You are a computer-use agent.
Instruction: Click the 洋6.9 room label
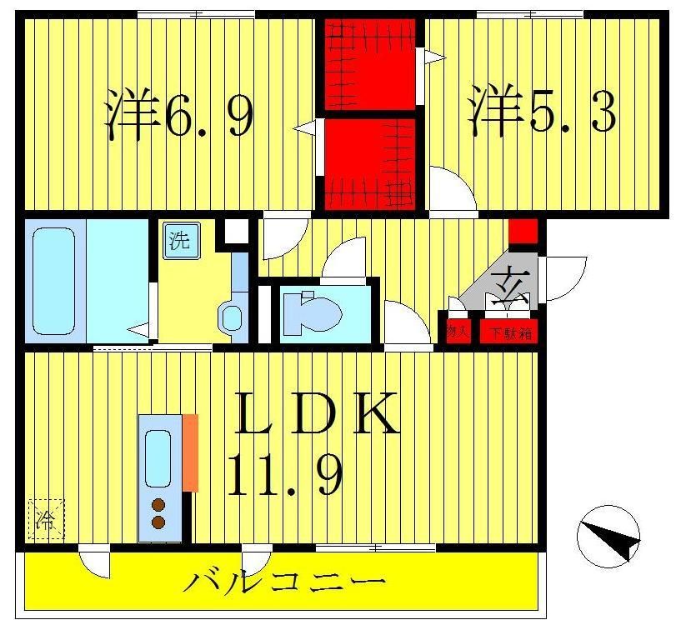[x=179, y=116]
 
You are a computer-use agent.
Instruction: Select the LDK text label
[x=316, y=414]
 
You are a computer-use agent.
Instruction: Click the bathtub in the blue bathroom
[x=54, y=279]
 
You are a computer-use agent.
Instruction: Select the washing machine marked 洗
[x=180, y=242]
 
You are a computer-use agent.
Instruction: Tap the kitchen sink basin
[x=158, y=457]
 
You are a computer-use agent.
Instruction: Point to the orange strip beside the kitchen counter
[x=191, y=452]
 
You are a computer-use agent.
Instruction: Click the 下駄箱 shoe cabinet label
[x=508, y=332]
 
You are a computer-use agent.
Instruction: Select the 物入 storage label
[x=458, y=332]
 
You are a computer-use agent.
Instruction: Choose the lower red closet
[x=370, y=163]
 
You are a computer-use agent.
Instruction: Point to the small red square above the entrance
[x=523, y=230]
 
